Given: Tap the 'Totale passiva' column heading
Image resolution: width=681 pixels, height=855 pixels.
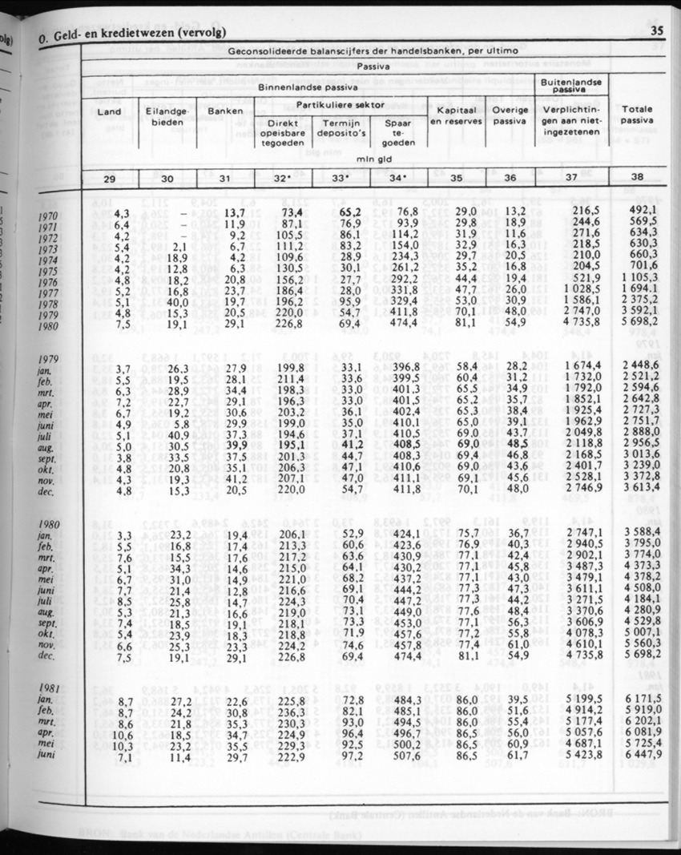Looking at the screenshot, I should tap(636, 115).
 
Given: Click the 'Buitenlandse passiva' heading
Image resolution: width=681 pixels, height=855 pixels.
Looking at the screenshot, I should tap(572, 86).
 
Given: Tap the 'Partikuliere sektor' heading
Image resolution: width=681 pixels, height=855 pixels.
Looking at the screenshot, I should tap(340, 105).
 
